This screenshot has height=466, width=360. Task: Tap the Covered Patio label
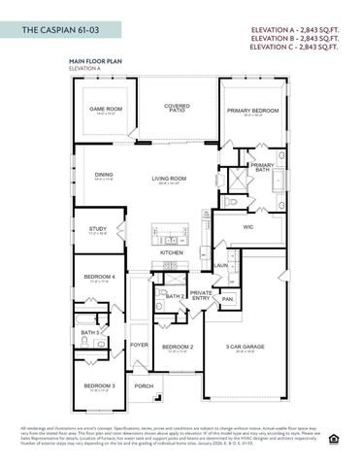pos(176,108)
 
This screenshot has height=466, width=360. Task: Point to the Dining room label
pos(103,175)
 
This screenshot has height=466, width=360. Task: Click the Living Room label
pos(169,178)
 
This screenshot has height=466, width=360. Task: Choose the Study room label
pos(98,229)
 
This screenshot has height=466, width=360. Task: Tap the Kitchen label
pos(172,252)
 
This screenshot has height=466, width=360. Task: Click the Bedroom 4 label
pos(98,277)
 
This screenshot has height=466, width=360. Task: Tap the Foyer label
pos(140,344)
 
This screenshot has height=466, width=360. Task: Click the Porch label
pos(144,385)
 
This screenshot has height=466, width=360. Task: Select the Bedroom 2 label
pos(178,346)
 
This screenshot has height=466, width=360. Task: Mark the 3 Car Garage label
pos(245,346)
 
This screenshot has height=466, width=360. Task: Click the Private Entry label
pos(201,295)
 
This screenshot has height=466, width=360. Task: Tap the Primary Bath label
pos(262,167)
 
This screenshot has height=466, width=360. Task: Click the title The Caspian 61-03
pos(57,31)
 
